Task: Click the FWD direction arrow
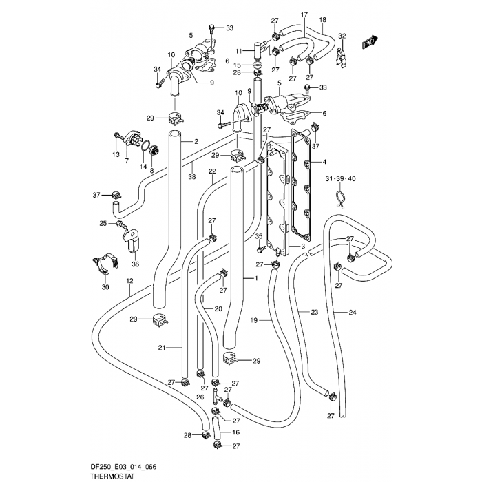370,42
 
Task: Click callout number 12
129,281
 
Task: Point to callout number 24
353,313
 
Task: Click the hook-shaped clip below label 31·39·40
339,200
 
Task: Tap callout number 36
135,262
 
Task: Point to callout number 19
253,320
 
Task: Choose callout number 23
314,313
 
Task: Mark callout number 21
161,348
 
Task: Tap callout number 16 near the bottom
235,432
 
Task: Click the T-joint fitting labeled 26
216,397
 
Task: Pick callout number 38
192,176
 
